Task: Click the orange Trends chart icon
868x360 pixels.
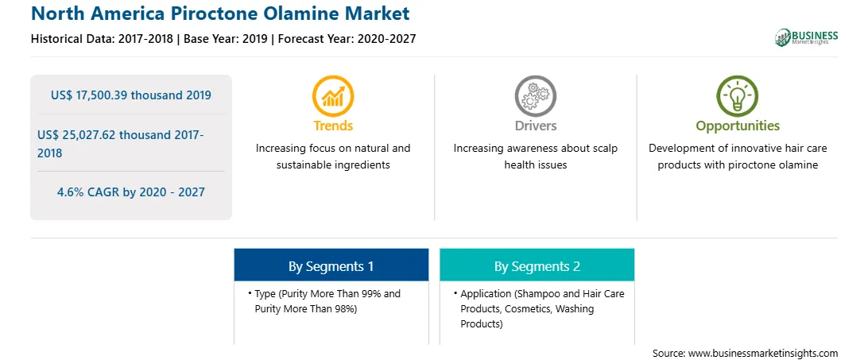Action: (x=333, y=96)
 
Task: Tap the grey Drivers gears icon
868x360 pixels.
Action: (x=535, y=96)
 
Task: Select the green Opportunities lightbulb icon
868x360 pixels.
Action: (x=738, y=96)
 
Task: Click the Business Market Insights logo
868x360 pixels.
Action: (x=807, y=37)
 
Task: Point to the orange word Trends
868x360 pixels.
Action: (x=333, y=126)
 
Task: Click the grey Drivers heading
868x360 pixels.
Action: (x=535, y=126)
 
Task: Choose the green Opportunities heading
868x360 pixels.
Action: (x=738, y=126)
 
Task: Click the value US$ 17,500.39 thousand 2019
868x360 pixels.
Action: (x=131, y=95)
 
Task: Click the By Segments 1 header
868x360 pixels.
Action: (x=331, y=266)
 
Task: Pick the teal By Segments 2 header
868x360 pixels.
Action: (x=537, y=266)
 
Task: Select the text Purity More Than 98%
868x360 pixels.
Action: (x=306, y=309)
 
